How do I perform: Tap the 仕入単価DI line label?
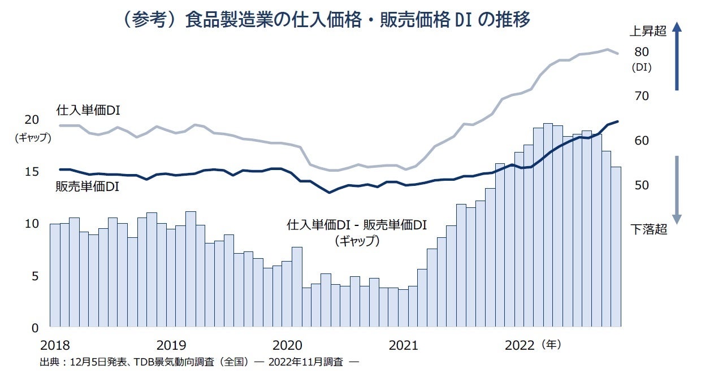[89, 111]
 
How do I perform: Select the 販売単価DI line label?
[87, 186]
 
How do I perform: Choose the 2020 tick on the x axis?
[287, 345]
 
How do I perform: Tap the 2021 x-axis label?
[404, 345]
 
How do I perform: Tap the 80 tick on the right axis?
[641, 52]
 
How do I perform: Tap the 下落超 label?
[648, 229]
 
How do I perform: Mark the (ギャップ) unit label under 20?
[33, 137]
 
